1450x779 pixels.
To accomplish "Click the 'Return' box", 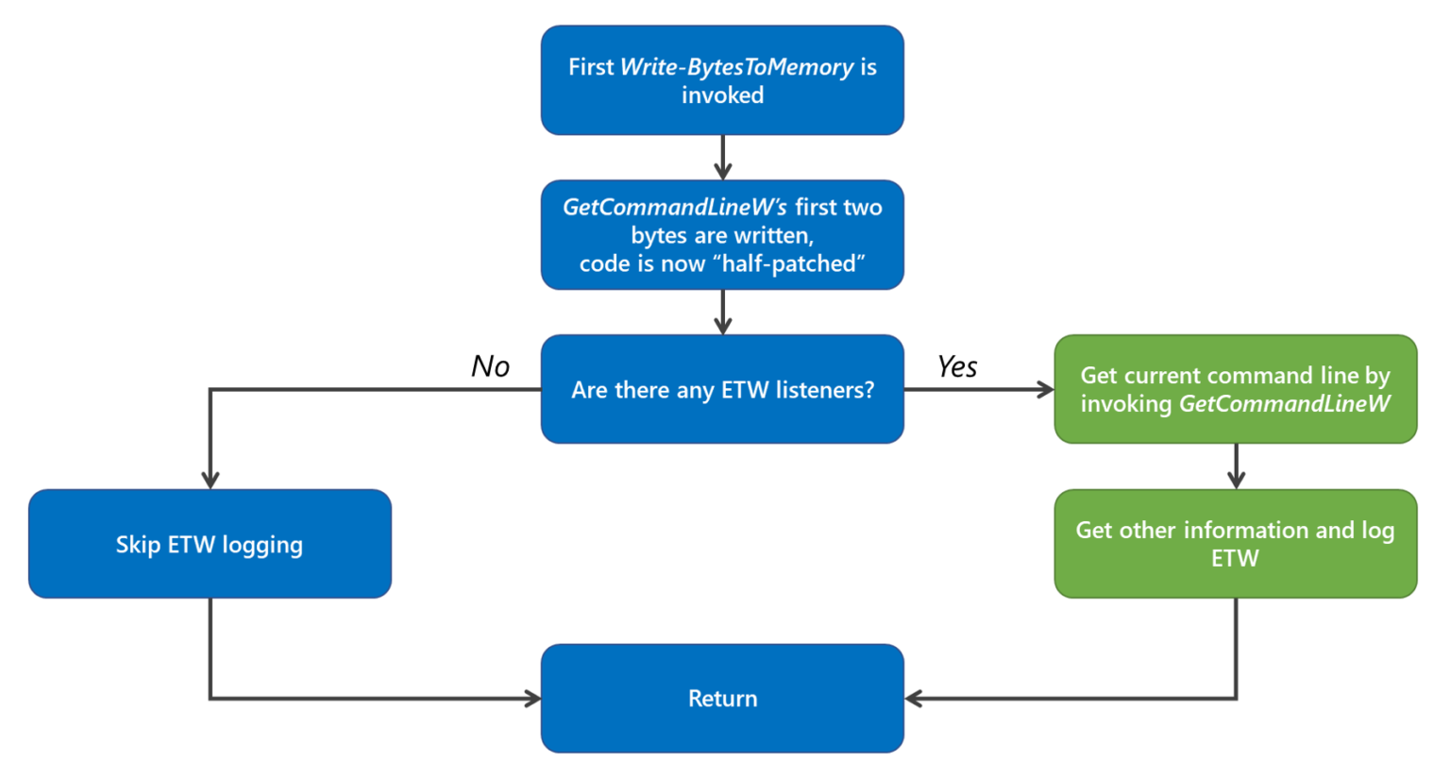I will click(x=722, y=698).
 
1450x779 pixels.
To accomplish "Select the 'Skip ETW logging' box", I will click(x=210, y=544).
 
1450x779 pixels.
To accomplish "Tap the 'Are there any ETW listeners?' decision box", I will click(x=722, y=389).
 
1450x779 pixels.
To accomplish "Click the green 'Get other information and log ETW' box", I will click(x=1235, y=544).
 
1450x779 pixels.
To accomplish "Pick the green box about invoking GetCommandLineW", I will click(x=1235, y=389).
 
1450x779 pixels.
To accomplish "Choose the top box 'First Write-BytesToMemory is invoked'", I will click(x=722, y=80).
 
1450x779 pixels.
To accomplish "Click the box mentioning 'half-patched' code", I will click(x=722, y=235).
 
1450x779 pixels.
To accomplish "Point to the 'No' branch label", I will click(x=490, y=366).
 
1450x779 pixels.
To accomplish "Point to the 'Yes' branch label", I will click(x=956, y=366).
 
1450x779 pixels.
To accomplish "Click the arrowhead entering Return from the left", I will click(x=533, y=699).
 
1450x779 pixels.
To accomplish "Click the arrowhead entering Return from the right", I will click(x=913, y=699).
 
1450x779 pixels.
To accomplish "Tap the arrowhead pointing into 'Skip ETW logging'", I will click(x=210, y=481).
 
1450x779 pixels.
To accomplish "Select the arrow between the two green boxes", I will click(x=1236, y=466).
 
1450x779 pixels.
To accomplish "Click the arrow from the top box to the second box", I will click(x=722, y=158).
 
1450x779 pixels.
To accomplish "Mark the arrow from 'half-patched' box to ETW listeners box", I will click(x=722, y=313).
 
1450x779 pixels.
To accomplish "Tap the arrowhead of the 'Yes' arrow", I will click(x=1045, y=389).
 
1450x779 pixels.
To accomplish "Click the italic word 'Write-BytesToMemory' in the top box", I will click(x=736, y=67).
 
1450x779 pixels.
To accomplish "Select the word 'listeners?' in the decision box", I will click(x=826, y=390).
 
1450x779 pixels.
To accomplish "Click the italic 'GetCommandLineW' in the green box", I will click(x=1284, y=404).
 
